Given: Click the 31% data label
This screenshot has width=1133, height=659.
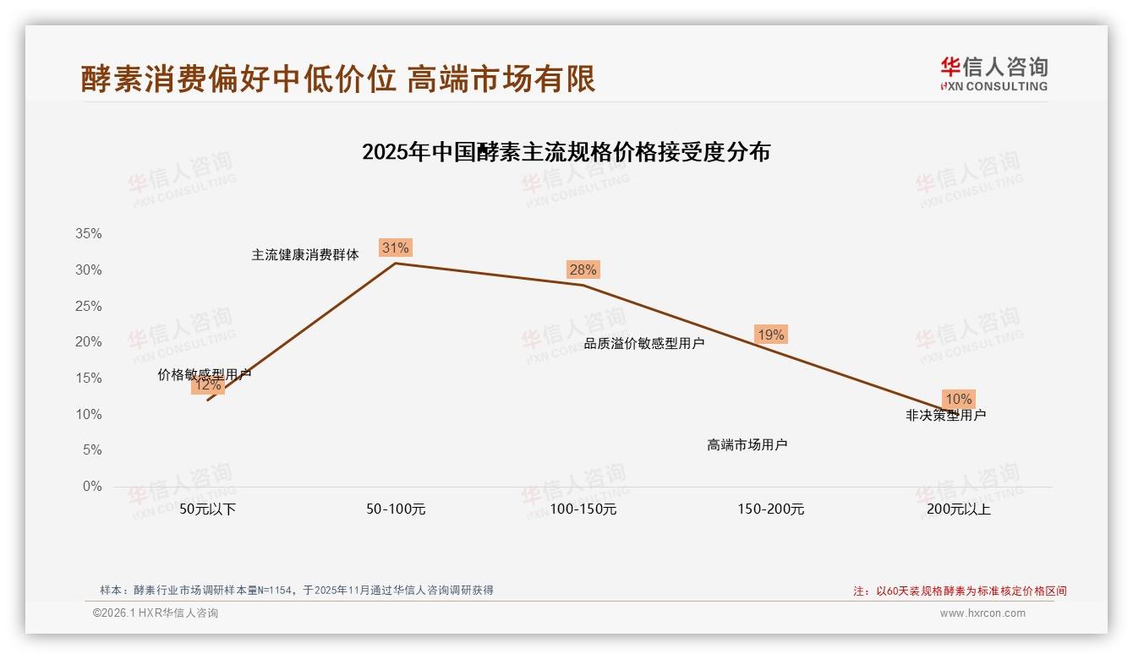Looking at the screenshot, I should (396, 248).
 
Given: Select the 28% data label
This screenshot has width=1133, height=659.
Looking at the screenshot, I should (583, 270).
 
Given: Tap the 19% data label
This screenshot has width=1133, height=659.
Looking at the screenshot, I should (770, 335).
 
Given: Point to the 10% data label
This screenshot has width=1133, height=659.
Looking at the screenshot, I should (958, 399).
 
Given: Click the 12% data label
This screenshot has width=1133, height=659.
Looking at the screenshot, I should (207, 385).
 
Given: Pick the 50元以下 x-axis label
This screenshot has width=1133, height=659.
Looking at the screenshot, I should (207, 509).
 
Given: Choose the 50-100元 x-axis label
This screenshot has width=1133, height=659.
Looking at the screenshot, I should (396, 509).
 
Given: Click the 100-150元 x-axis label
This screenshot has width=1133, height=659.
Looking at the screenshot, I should (583, 509).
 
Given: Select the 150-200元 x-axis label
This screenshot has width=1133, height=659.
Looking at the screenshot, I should (770, 509).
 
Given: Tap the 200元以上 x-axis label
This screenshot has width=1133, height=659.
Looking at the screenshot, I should (958, 509).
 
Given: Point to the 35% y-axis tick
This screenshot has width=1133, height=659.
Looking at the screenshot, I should (89, 234).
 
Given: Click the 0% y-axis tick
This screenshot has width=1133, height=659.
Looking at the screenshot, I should (92, 487).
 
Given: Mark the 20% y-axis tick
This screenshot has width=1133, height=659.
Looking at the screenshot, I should (89, 342).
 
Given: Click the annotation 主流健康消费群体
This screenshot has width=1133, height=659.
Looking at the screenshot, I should (305, 254).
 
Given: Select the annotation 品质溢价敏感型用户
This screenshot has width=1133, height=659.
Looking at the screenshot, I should (644, 343).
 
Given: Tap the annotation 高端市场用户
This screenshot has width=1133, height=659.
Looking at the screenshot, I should (747, 444).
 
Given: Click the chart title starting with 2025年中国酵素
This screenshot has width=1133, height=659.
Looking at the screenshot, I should (566, 152).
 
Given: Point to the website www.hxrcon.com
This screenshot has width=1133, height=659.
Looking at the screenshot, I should (982, 613).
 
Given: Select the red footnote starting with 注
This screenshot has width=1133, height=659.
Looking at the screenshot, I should (960, 591).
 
